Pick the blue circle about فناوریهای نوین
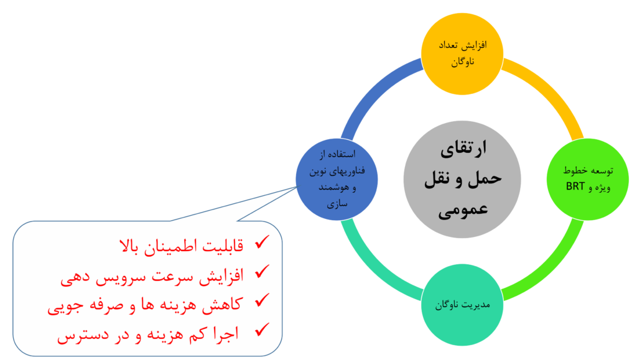336,180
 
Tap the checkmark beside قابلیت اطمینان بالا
262,242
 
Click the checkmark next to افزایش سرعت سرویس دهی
262,272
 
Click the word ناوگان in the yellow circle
462,62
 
